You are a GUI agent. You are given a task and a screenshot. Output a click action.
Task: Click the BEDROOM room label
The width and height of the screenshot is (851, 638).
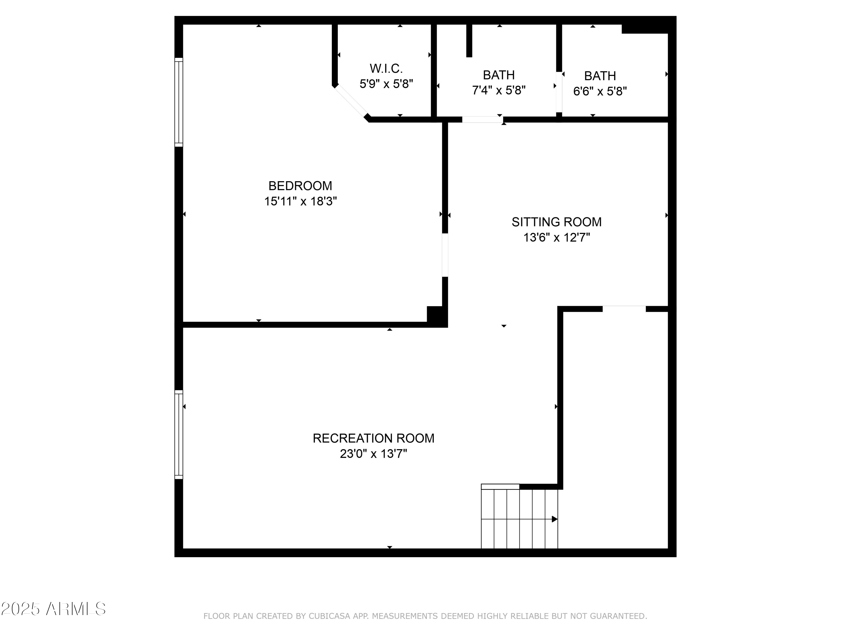tap(300, 186)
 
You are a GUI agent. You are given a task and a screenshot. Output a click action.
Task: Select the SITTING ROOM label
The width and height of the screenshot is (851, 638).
tap(556, 222)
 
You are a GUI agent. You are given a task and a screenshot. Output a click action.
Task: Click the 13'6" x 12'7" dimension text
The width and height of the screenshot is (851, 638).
tap(556, 238)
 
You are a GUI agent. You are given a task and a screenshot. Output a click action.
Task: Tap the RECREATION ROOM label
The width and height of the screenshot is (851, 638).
tap(373, 438)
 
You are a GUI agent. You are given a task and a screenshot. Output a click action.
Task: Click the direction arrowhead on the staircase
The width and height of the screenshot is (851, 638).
tap(554, 519)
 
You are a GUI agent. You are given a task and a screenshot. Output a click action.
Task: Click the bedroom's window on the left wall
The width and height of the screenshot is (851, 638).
tap(178, 102)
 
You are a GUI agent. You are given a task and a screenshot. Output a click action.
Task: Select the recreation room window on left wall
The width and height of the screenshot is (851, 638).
tap(178, 435)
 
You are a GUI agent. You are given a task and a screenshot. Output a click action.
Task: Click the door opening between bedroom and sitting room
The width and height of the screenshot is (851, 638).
tap(445, 255)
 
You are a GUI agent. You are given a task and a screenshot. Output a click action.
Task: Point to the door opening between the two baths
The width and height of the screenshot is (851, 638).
tap(559, 92)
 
